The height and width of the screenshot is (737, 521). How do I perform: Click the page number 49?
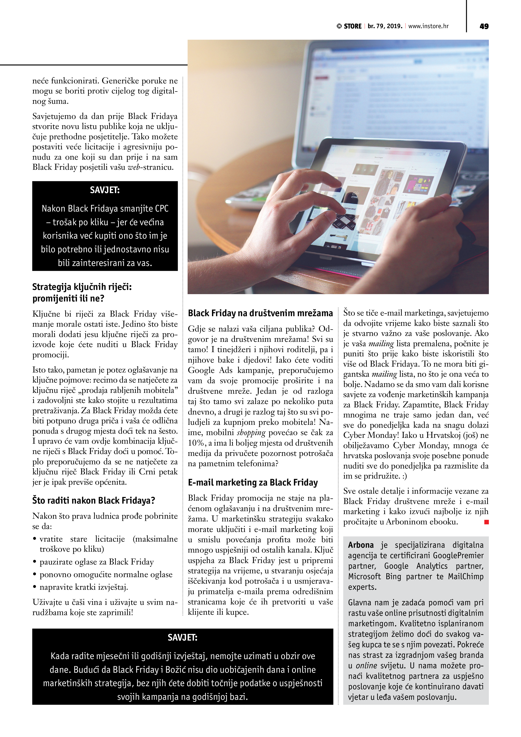[484, 26]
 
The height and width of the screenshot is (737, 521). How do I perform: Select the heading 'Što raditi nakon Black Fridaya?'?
[94, 500]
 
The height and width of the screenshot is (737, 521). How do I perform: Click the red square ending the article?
[486, 522]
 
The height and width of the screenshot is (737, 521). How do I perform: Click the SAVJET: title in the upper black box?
[105, 190]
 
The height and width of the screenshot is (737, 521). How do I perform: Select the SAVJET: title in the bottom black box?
[182, 637]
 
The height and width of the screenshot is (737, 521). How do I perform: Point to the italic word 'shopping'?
[251, 433]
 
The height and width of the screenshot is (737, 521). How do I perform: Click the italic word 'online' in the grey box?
[366, 666]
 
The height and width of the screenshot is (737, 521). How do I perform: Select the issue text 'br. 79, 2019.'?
[385, 26]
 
